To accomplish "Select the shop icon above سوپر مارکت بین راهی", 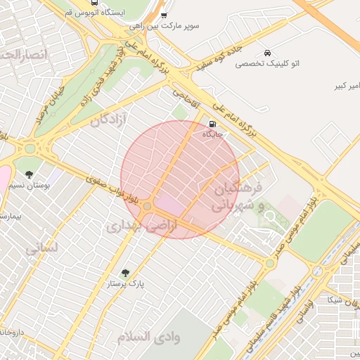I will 164,15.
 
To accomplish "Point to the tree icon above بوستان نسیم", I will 29,174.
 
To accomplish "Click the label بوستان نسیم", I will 30,186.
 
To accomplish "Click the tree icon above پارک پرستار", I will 125,272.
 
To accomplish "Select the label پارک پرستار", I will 125,284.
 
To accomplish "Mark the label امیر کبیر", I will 345,86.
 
